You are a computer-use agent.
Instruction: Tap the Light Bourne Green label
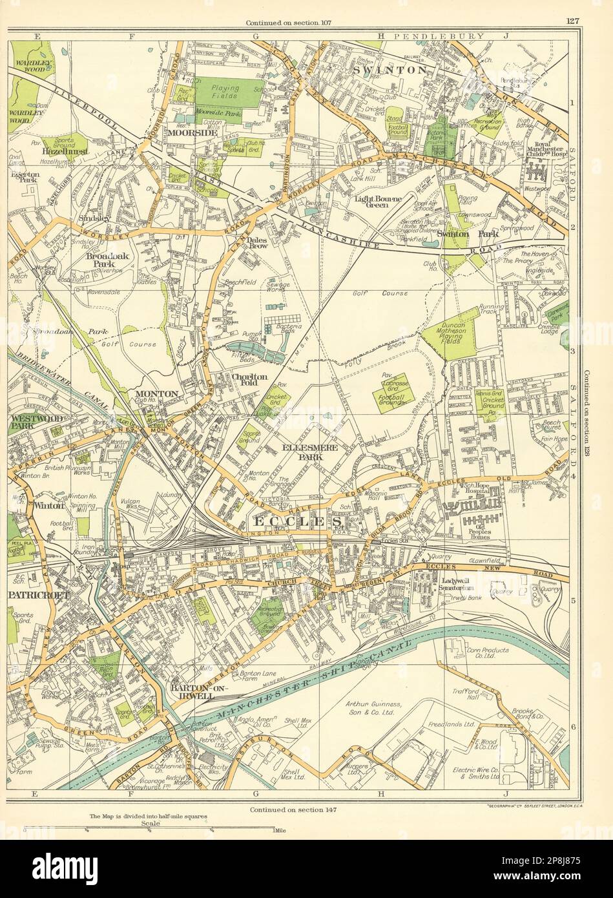(x=378, y=200)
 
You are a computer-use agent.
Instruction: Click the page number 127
(x=572, y=21)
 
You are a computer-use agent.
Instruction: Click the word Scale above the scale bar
(x=150, y=823)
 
